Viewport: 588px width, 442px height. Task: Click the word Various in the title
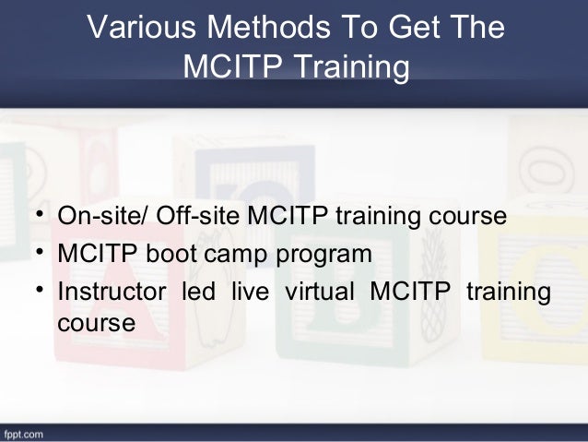(x=140, y=29)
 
